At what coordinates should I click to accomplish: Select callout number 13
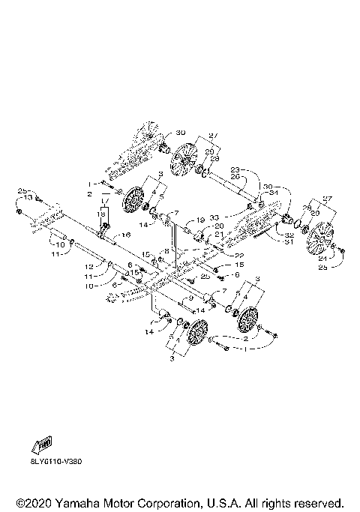28,197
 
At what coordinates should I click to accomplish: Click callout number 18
102,214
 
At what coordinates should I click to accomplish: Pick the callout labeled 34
273,191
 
